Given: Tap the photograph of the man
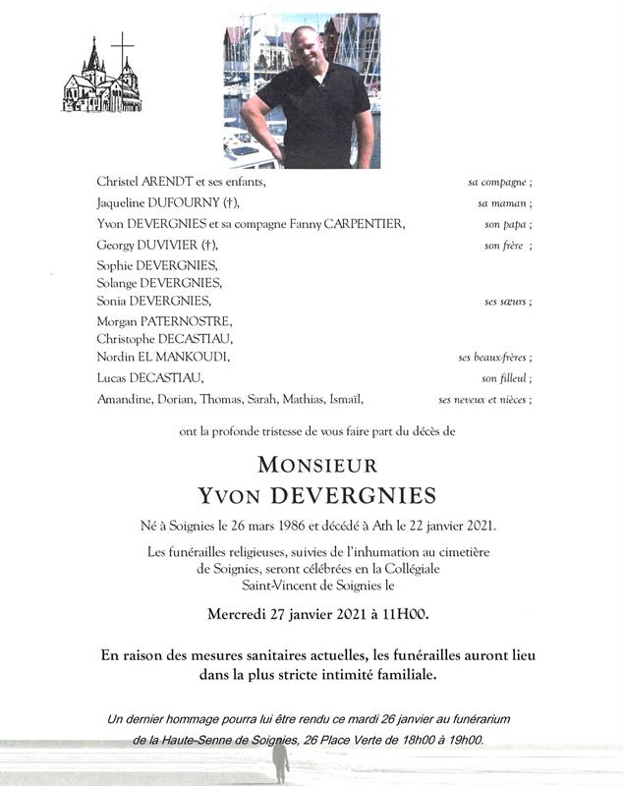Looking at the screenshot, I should point(301,91).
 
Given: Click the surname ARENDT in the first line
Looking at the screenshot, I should point(167,182).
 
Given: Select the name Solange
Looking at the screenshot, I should point(119,283).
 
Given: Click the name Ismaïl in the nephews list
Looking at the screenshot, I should point(345,399).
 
